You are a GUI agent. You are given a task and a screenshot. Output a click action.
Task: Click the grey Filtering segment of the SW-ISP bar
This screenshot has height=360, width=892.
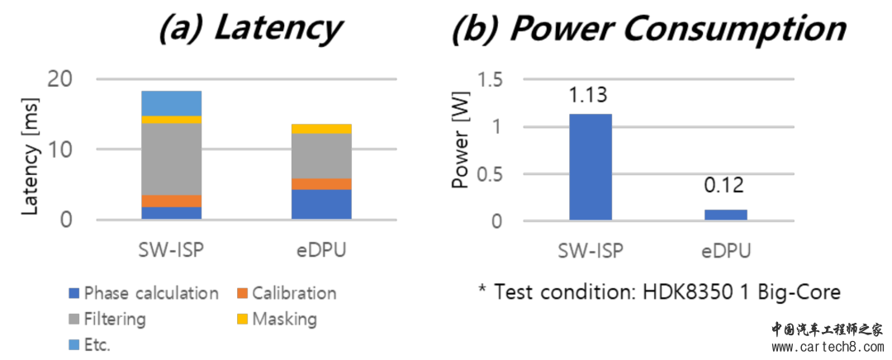tap(171, 159)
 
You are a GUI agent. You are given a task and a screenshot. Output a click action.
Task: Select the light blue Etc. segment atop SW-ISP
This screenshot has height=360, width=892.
tap(171, 103)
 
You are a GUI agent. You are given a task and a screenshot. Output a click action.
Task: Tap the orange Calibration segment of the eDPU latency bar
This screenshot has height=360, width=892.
tap(321, 183)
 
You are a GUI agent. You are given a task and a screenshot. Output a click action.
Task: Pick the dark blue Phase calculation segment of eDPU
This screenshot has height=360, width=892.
tap(321, 204)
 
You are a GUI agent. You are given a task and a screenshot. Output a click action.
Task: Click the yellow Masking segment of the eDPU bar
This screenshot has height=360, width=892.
tap(321, 128)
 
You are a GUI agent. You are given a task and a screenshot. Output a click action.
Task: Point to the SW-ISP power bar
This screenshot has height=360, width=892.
tap(590, 167)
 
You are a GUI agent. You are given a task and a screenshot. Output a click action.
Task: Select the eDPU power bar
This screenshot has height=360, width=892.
tap(726, 215)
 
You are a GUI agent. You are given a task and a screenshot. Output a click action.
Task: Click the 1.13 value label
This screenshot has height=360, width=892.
tap(589, 97)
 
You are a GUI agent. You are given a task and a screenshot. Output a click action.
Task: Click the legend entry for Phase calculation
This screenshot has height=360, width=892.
tap(151, 293)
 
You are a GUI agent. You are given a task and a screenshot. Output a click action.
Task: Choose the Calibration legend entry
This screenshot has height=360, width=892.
tap(294, 293)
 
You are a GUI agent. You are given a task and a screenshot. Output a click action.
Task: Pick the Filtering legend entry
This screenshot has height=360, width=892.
tap(114, 319)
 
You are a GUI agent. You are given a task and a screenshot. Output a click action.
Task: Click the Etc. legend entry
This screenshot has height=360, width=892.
tap(97, 344)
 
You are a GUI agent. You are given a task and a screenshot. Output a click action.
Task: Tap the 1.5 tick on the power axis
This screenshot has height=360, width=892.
tap(491, 79)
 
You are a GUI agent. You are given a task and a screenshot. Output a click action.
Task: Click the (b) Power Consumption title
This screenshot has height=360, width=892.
tap(648, 31)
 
